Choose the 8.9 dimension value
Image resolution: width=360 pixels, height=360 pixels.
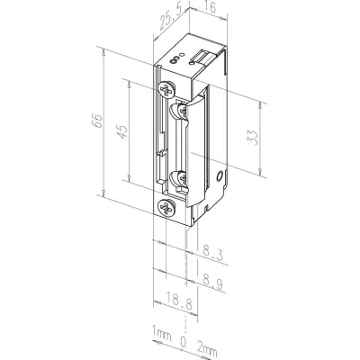pos(212,281)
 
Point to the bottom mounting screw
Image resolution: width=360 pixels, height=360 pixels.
pos(166,208)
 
